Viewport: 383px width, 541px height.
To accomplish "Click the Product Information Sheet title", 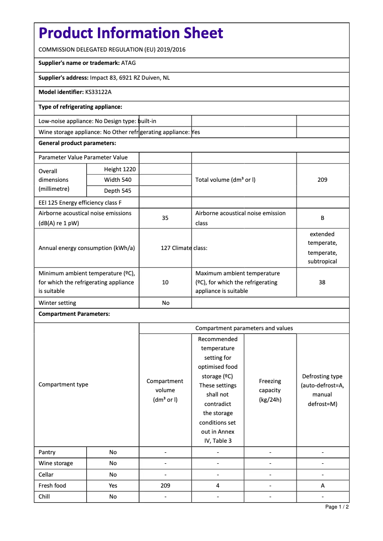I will (131, 33).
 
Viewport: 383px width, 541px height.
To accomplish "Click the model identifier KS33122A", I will (98, 92).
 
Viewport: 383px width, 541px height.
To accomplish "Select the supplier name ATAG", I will (128, 63).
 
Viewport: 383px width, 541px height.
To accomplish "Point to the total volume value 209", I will (322, 180).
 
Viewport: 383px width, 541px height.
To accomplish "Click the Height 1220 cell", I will (120, 169).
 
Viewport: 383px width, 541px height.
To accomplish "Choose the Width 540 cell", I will (118, 180).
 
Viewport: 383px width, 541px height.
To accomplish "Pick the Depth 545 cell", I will (118, 191).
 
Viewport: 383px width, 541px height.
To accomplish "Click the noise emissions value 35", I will (165, 218).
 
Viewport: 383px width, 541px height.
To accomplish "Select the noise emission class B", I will (322, 218).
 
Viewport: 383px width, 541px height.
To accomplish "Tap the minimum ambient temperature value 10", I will (165, 282).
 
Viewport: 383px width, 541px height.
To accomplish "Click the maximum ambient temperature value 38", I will (322, 282).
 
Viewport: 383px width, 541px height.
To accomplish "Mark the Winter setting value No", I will (165, 303).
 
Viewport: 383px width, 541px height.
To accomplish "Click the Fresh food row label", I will (53, 486).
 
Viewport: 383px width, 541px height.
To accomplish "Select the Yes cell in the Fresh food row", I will (113, 486).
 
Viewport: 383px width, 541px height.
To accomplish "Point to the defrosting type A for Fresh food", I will (323, 486).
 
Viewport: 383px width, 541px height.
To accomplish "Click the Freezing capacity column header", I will (270, 390).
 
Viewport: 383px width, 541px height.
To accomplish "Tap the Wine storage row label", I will (56, 463).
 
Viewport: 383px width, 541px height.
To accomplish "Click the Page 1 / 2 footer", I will (337, 507).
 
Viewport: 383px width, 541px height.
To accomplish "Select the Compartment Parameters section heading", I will (74, 314).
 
